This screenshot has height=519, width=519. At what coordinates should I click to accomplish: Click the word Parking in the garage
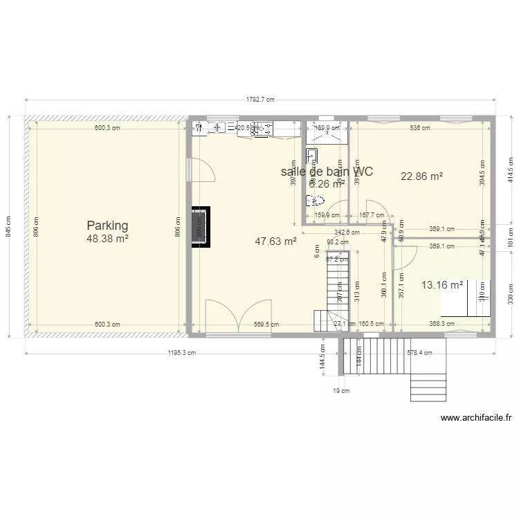click(107, 226)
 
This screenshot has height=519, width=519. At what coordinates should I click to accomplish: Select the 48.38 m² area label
click(107, 239)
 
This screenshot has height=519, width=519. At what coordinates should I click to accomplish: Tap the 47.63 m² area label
click(275, 242)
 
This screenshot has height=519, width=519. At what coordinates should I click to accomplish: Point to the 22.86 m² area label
click(421, 176)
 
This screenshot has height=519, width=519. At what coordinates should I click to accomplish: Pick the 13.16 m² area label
click(442, 284)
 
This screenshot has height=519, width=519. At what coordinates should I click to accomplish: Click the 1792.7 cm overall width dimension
click(260, 100)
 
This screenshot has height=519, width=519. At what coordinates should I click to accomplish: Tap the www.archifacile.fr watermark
click(476, 418)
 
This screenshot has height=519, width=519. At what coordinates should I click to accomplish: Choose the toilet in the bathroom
click(315, 201)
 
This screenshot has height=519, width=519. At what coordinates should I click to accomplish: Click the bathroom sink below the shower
click(312, 154)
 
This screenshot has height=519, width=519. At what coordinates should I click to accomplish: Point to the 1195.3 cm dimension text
click(182, 353)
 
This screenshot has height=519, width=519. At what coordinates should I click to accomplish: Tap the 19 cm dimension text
click(341, 391)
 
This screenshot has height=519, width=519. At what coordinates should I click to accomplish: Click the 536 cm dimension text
click(419, 128)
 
